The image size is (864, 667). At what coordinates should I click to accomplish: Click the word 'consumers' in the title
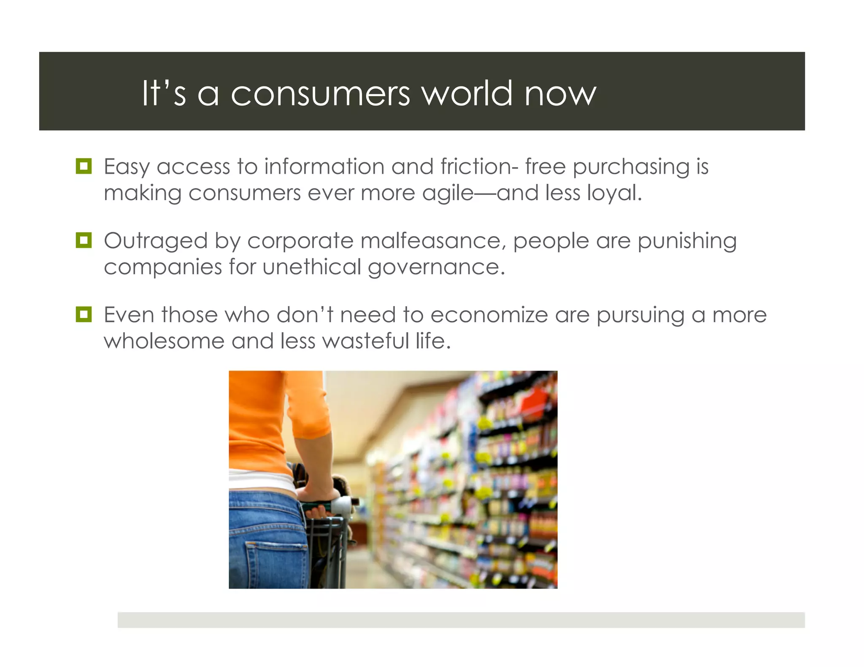click(x=320, y=94)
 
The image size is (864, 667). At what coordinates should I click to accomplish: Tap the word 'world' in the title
click(x=467, y=94)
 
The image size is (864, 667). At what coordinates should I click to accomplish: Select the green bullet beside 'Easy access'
click(x=84, y=166)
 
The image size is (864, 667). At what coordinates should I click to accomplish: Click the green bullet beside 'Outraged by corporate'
click(x=84, y=240)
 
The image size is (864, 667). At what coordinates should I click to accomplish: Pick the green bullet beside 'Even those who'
click(x=84, y=315)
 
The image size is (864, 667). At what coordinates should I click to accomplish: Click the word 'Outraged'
click(x=156, y=242)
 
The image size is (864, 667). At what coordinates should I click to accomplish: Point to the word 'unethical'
click(x=312, y=267)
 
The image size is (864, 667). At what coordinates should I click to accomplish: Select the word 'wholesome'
click(x=164, y=341)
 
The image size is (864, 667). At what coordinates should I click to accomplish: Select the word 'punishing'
click(x=687, y=242)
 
